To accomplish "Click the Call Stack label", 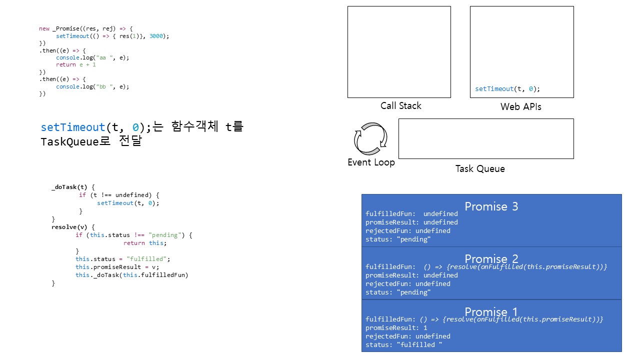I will (400, 106).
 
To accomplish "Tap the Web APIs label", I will (520, 107).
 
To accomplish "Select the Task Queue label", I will (480, 169).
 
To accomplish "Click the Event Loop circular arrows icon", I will (370, 137).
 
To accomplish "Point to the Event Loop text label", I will (371, 162).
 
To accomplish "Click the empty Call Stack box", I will (399, 51).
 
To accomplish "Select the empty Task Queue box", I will (485, 138).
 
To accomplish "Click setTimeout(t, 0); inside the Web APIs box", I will (507, 89).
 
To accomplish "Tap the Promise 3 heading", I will (491, 206).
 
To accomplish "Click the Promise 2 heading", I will (491, 258).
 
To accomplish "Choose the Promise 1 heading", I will (491, 312).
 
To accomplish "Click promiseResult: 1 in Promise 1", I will (396, 328).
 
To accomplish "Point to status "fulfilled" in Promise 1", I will (404, 345).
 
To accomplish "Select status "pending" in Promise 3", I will (398, 239).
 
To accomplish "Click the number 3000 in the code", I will (157, 36).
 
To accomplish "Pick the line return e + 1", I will (75, 65).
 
